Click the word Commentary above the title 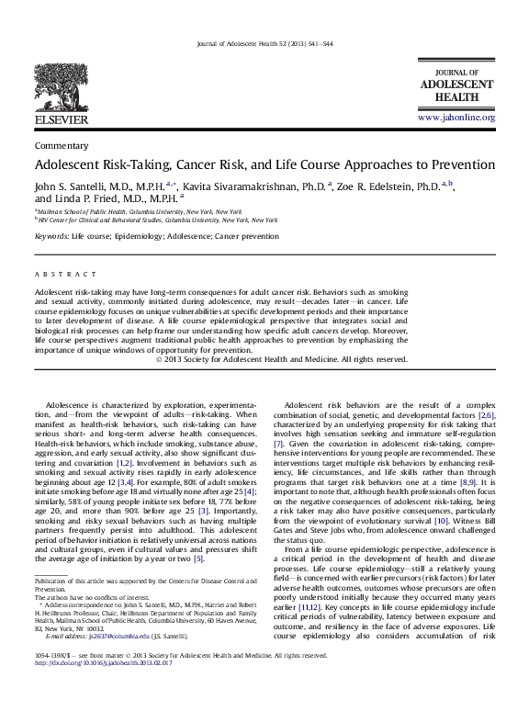click(61, 145)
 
